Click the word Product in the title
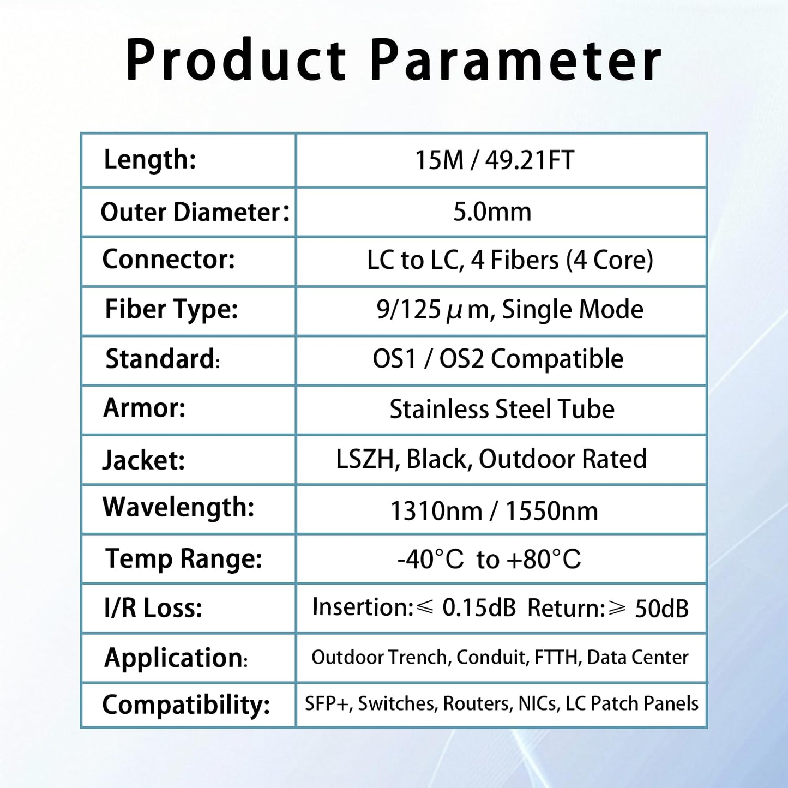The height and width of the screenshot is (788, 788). [x=236, y=60]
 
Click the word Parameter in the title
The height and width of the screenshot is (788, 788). [x=515, y=60]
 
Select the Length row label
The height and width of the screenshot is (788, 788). [x=150, y=160]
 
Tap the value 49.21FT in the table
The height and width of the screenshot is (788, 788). [x=530, y=160]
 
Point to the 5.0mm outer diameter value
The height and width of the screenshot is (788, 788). [x=492, y=212]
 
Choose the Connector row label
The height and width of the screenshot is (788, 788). [x=169, y=260]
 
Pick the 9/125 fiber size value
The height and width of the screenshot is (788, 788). [x=408, y=310]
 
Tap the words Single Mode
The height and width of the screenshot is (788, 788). [x=573, y=310]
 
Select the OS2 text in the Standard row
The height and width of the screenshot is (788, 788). [x=461, y=359]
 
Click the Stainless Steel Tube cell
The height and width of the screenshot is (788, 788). [x=502, y=409]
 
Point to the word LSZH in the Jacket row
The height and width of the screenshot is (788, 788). [x=365, y=459]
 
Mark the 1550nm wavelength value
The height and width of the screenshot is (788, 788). [x=551, y=512]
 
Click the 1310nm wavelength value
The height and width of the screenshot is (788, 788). [x=436, y=512]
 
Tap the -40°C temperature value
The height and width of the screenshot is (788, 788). [x=430, y=560]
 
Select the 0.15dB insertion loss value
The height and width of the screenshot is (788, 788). [x=479, y=608]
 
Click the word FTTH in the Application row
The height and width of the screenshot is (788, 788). [x=557, y=658]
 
